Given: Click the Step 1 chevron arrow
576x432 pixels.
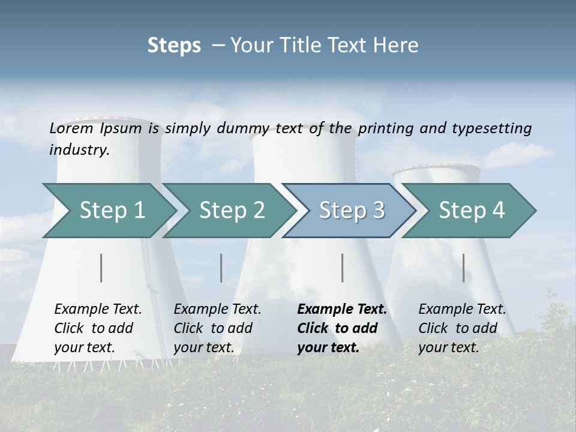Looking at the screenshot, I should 112,211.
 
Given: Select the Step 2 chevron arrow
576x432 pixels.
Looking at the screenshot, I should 232,211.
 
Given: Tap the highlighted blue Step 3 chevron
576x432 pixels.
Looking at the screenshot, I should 352,211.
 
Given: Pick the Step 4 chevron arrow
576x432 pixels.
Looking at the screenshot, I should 472,211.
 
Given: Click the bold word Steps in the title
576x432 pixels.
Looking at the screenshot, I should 174,46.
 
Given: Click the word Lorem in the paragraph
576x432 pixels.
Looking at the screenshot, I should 71,128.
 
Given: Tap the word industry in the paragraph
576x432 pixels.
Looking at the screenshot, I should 79,149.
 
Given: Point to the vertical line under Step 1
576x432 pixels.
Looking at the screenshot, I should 101,268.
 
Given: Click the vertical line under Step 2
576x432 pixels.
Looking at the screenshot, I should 221,268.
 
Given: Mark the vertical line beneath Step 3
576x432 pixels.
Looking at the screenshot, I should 343,268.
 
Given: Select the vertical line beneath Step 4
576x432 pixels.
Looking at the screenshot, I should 464,268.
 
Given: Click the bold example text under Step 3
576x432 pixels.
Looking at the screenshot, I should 341,328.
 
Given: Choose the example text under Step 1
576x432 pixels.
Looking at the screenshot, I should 98,328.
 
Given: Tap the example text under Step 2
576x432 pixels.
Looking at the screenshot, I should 217,328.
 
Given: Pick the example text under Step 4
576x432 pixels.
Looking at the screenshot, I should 462,328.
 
